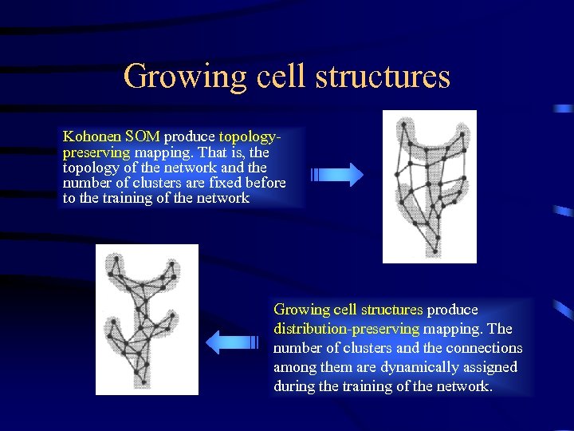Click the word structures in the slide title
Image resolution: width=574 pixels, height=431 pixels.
[x=383, y=77]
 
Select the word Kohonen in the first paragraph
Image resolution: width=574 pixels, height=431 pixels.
[x=88, y=136]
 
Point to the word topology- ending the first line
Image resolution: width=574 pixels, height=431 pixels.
[x=250, y=136]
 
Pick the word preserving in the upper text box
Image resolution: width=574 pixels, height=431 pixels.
[x=96, y=152]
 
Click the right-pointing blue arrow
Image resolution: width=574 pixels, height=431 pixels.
[x=336, y=175]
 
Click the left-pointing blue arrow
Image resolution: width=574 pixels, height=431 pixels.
[x=233, y=342]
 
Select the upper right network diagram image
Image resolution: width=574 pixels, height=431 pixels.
[x=429, y=187]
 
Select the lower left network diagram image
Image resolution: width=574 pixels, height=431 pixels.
[x=147, y=319]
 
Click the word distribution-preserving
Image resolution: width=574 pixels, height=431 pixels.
[x=346, y=329]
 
